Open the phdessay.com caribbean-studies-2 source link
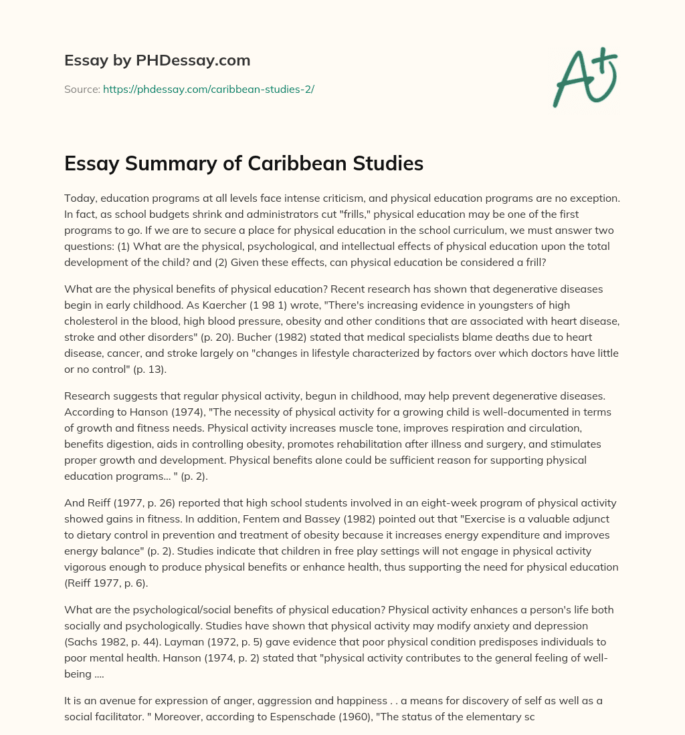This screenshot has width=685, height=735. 208,89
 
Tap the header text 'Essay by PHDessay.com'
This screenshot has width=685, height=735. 157,60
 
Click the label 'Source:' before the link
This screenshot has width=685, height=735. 82,89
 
